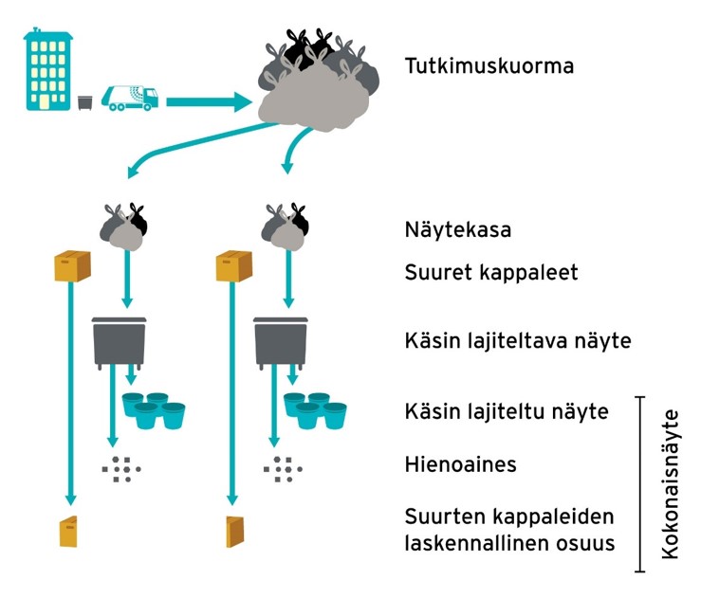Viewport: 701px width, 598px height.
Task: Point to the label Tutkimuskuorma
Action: point(489,67)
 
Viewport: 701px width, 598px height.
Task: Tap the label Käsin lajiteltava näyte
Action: point(517,339)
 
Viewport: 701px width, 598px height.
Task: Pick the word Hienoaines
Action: point(460,464)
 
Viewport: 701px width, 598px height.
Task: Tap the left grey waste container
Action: point(120,341)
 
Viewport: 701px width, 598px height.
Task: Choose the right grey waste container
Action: point(281,341)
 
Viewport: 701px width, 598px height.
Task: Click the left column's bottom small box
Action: point(68,531)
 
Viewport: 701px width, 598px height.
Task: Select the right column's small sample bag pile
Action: point(286,227)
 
